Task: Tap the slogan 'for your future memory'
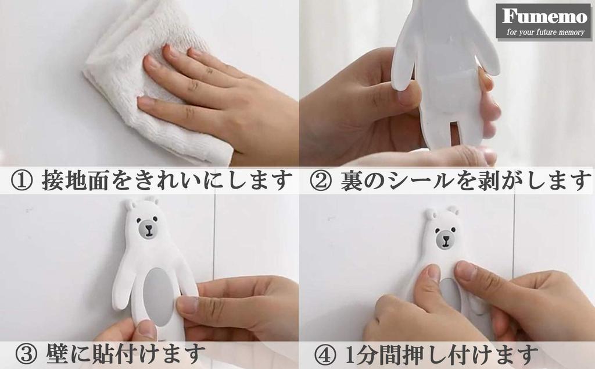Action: click(x=545, y=32)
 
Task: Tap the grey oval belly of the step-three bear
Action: click(x=157, y=296)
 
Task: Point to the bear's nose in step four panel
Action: click(x=446, y=238)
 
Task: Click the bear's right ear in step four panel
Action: click(x=453, y=210)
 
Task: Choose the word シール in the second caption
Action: click(x=423, y=181)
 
